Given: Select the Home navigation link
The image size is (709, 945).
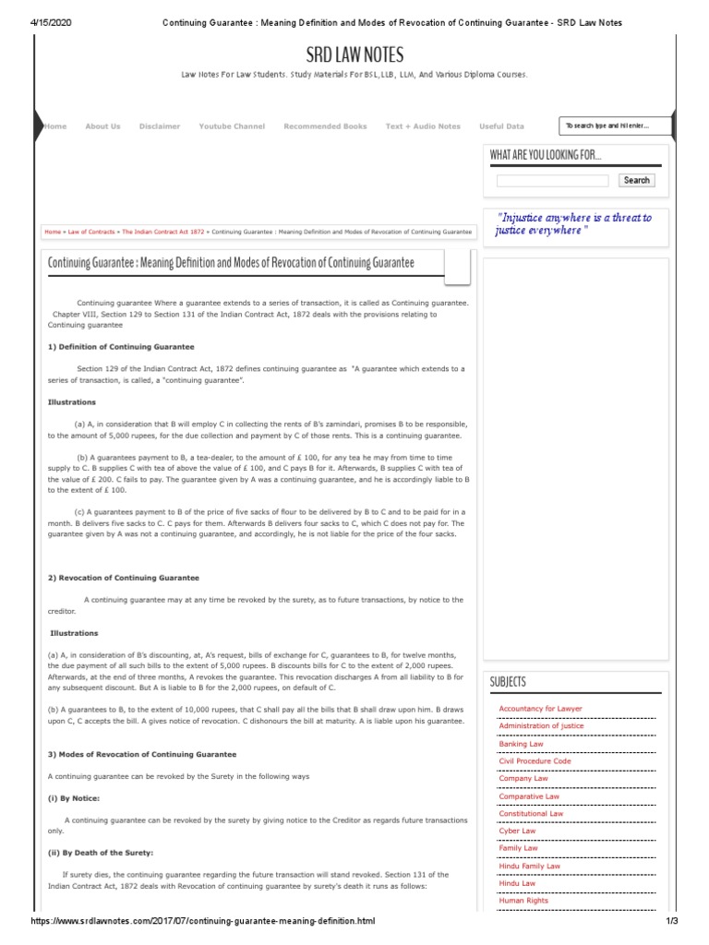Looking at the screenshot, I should point(55,126).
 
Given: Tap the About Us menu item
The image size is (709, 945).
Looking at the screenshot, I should point(102,126).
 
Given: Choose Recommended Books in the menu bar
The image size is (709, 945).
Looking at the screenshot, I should point(325,126).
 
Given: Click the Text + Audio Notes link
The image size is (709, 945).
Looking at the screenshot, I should point(423,126).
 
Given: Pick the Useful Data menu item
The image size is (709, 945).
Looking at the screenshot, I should point(501,126).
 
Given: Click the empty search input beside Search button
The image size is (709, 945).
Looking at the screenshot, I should point(552,181).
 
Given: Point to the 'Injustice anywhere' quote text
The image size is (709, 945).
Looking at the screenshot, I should point(573,223).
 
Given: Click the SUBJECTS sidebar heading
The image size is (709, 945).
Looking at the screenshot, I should point(509,682).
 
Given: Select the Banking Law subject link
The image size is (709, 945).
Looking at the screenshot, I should point(521,743).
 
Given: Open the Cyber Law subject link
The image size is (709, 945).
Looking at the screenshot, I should point(517,831).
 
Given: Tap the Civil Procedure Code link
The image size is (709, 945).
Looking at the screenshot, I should point(535,760).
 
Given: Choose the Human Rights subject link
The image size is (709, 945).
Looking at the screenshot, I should point(523,901).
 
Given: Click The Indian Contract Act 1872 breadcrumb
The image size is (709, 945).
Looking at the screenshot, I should point(162,233).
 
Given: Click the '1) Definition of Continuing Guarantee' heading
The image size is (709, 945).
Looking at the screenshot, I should point(121,346).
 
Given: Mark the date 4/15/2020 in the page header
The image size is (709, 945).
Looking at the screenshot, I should point(30,21).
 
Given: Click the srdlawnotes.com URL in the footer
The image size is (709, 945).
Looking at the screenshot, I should point(203,923).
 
